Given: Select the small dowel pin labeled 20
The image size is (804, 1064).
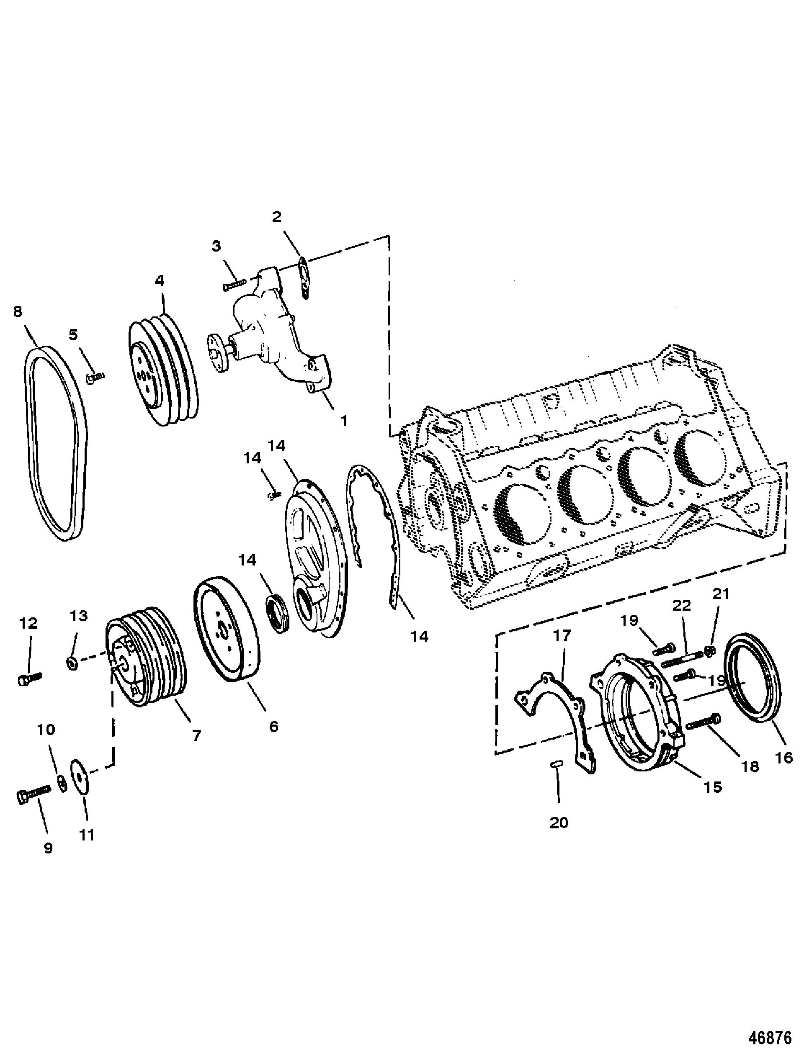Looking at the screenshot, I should pos(557,765).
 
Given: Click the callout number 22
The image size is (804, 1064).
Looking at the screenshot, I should pos(681,605).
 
